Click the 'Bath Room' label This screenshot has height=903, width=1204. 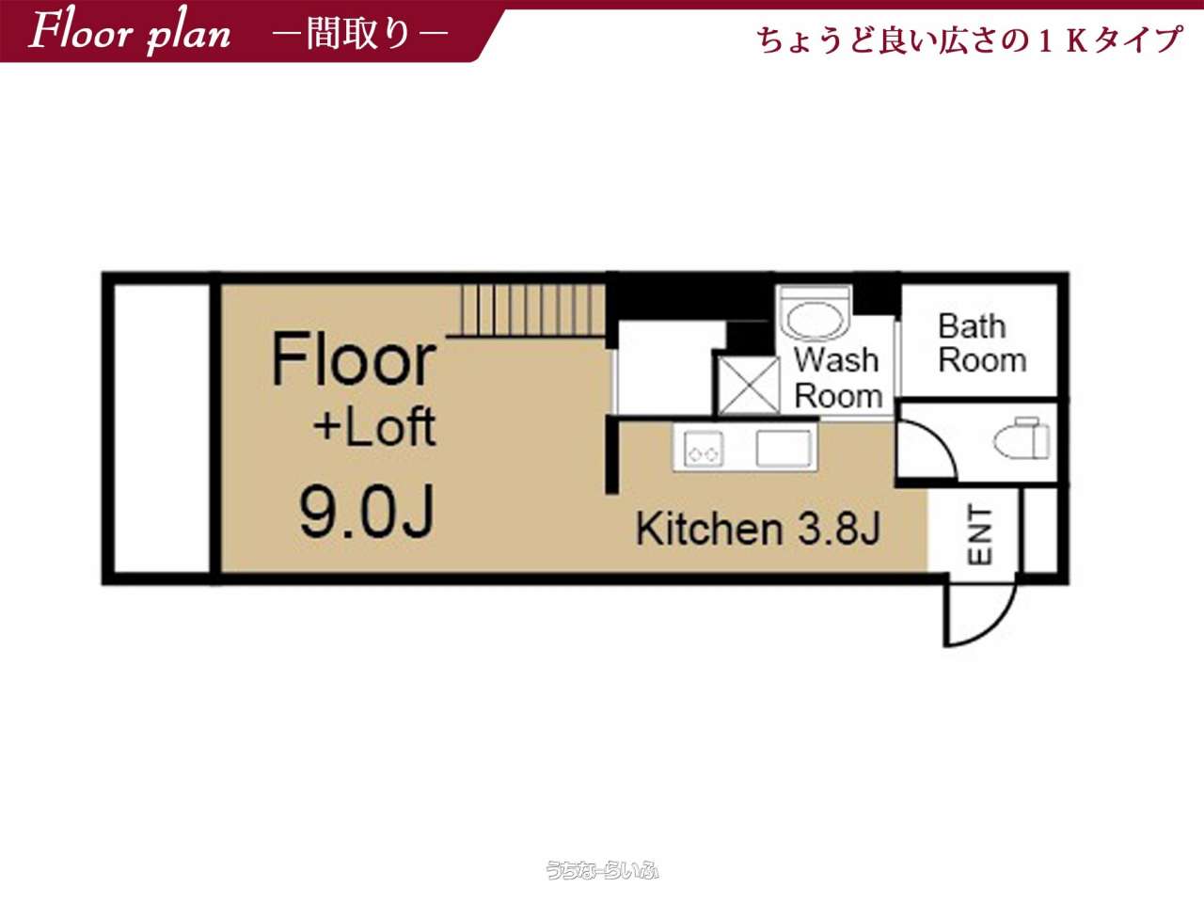982,343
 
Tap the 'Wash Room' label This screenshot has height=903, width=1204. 837,377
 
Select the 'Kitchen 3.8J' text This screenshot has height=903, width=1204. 758,529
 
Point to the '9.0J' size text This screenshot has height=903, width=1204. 367,511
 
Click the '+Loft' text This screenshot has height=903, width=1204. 374,426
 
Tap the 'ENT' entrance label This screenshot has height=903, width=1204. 979,535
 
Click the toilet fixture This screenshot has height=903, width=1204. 1022,437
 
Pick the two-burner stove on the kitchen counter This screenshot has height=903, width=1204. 703,450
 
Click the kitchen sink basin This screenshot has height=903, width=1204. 784,449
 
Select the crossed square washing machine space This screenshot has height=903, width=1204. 749,386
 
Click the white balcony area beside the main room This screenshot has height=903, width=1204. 163,428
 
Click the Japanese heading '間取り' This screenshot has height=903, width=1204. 358,33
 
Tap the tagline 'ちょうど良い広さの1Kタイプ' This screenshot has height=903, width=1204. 970,40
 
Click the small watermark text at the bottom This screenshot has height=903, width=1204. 602,869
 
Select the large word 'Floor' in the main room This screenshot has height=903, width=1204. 354,358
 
